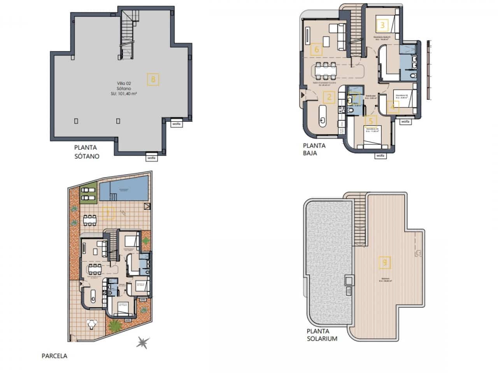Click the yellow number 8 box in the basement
click(153, 80)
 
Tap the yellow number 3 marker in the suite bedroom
click(382, 25)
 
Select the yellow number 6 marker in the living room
click(317, 49)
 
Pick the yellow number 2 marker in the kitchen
click(329, 97)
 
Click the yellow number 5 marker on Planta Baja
click(371, 121)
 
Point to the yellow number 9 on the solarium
click(385, 263)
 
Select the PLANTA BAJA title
click(314, 149)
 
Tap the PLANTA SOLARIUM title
click(322, 335)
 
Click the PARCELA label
click(54, 356)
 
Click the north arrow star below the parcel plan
click(143, 343)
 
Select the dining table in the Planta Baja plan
click(326, 70)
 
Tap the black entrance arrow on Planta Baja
click(303, 94)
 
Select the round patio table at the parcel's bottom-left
click(92, 324)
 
